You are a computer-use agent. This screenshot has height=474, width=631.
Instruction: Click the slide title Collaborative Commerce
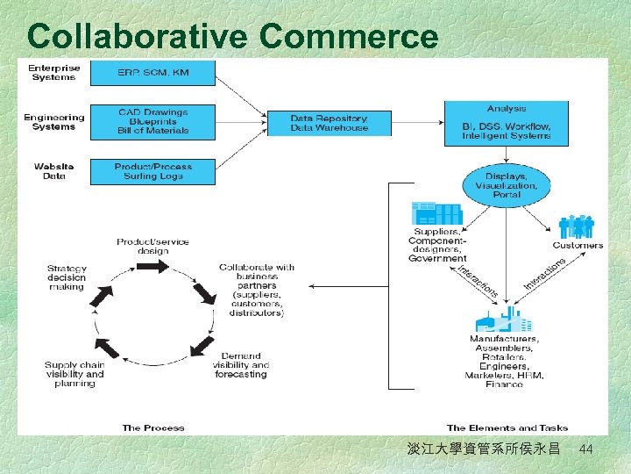coord(232,36)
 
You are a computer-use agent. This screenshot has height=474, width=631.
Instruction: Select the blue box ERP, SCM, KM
coord(152,72)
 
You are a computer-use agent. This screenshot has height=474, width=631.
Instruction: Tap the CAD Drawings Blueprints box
coord(152,121)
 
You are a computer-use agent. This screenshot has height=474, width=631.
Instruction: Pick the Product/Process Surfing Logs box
coord(152,170)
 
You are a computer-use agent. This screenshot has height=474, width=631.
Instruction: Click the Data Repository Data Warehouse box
coord(330,123)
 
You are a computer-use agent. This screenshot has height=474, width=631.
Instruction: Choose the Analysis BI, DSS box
coord(507,123)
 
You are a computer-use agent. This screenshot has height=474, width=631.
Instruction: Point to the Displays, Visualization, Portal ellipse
coord(507,184)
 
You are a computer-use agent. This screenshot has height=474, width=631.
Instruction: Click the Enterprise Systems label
coord(54,72)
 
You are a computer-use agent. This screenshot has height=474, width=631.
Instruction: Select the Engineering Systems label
coord(54,121)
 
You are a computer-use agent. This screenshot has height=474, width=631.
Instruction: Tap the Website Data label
coord(54,170)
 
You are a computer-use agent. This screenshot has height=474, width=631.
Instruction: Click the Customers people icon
coord(577,227)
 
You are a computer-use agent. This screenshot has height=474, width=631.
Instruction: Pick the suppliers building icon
coord(436,213)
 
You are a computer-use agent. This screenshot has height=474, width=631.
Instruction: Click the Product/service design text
coord(152,246)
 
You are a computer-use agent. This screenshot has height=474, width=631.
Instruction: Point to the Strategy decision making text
coord(67,277)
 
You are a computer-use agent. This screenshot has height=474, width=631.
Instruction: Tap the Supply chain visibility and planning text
coord(74,374)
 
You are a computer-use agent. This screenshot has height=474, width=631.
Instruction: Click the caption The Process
coord(153,427)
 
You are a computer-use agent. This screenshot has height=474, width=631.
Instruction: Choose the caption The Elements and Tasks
coord(506,427)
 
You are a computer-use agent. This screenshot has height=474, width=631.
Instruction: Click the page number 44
coord(586,449)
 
